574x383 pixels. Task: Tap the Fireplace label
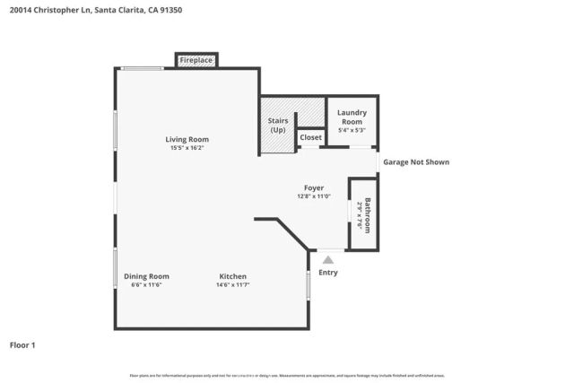click(x=196, y=60)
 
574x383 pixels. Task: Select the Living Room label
click(x=187, y=139)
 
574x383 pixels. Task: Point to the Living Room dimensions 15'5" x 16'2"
click(x=187, y=148)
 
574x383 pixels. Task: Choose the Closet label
click(x=310, y=137)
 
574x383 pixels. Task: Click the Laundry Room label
click(x=351, y=117)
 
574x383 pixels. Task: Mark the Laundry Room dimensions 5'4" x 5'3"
click(x=351, y=130)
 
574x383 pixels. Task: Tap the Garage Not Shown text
click(x=416, y=162)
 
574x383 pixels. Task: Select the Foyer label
click(x=314, y=187)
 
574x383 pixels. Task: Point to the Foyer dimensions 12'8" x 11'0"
click(x=314, y=196)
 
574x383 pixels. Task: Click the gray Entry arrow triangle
click(x=327, y=260)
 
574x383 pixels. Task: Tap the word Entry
click(x=328, y=273)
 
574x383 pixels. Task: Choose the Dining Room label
click(x=146, y=276)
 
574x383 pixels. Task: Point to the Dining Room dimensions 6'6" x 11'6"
click(x=146, y=285)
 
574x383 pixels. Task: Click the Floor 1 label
click(x=22, y=344)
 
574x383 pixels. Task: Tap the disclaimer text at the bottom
click(x=287, y=375)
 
